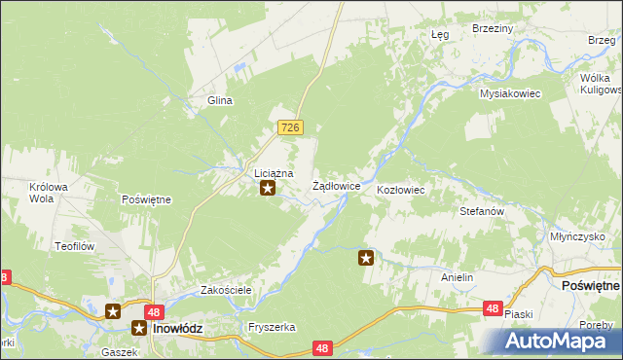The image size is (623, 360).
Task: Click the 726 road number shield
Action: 291,127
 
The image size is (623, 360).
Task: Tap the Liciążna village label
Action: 268,172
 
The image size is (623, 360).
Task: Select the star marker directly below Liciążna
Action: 268,188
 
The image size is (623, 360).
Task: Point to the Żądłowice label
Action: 337,185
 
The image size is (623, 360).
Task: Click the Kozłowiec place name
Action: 400,190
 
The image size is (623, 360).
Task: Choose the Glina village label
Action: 218,100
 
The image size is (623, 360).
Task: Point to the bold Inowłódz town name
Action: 175,329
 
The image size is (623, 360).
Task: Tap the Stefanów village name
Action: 481,210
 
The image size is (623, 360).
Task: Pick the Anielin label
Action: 457,277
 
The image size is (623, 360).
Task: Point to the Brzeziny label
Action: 492,29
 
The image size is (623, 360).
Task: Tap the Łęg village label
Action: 440,34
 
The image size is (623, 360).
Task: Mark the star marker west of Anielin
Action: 366,258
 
